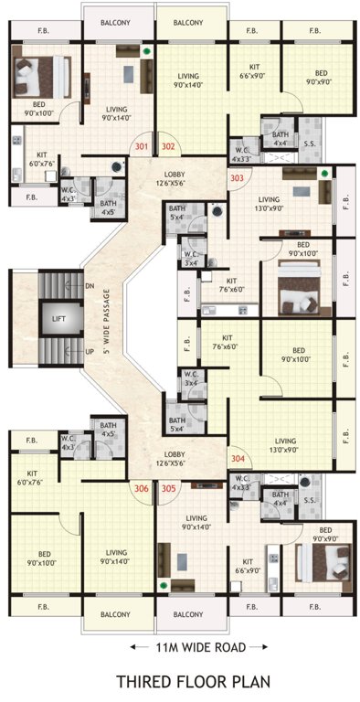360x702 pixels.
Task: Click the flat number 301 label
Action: click(141, 145)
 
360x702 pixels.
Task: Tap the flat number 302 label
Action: click(168, 145)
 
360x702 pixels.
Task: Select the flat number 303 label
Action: click(238, 178)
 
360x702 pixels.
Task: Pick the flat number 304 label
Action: click(238, 458)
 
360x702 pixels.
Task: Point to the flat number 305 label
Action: click(168, 489)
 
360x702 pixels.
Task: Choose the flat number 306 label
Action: click(141, 489)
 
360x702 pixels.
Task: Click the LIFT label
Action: click(58, 318)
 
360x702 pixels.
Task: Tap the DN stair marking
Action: click(89, 285)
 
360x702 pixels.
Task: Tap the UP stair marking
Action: click(89, 350)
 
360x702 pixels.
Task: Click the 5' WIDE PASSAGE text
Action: click(107, 320)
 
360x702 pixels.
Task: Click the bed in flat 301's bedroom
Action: click(41, 75)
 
